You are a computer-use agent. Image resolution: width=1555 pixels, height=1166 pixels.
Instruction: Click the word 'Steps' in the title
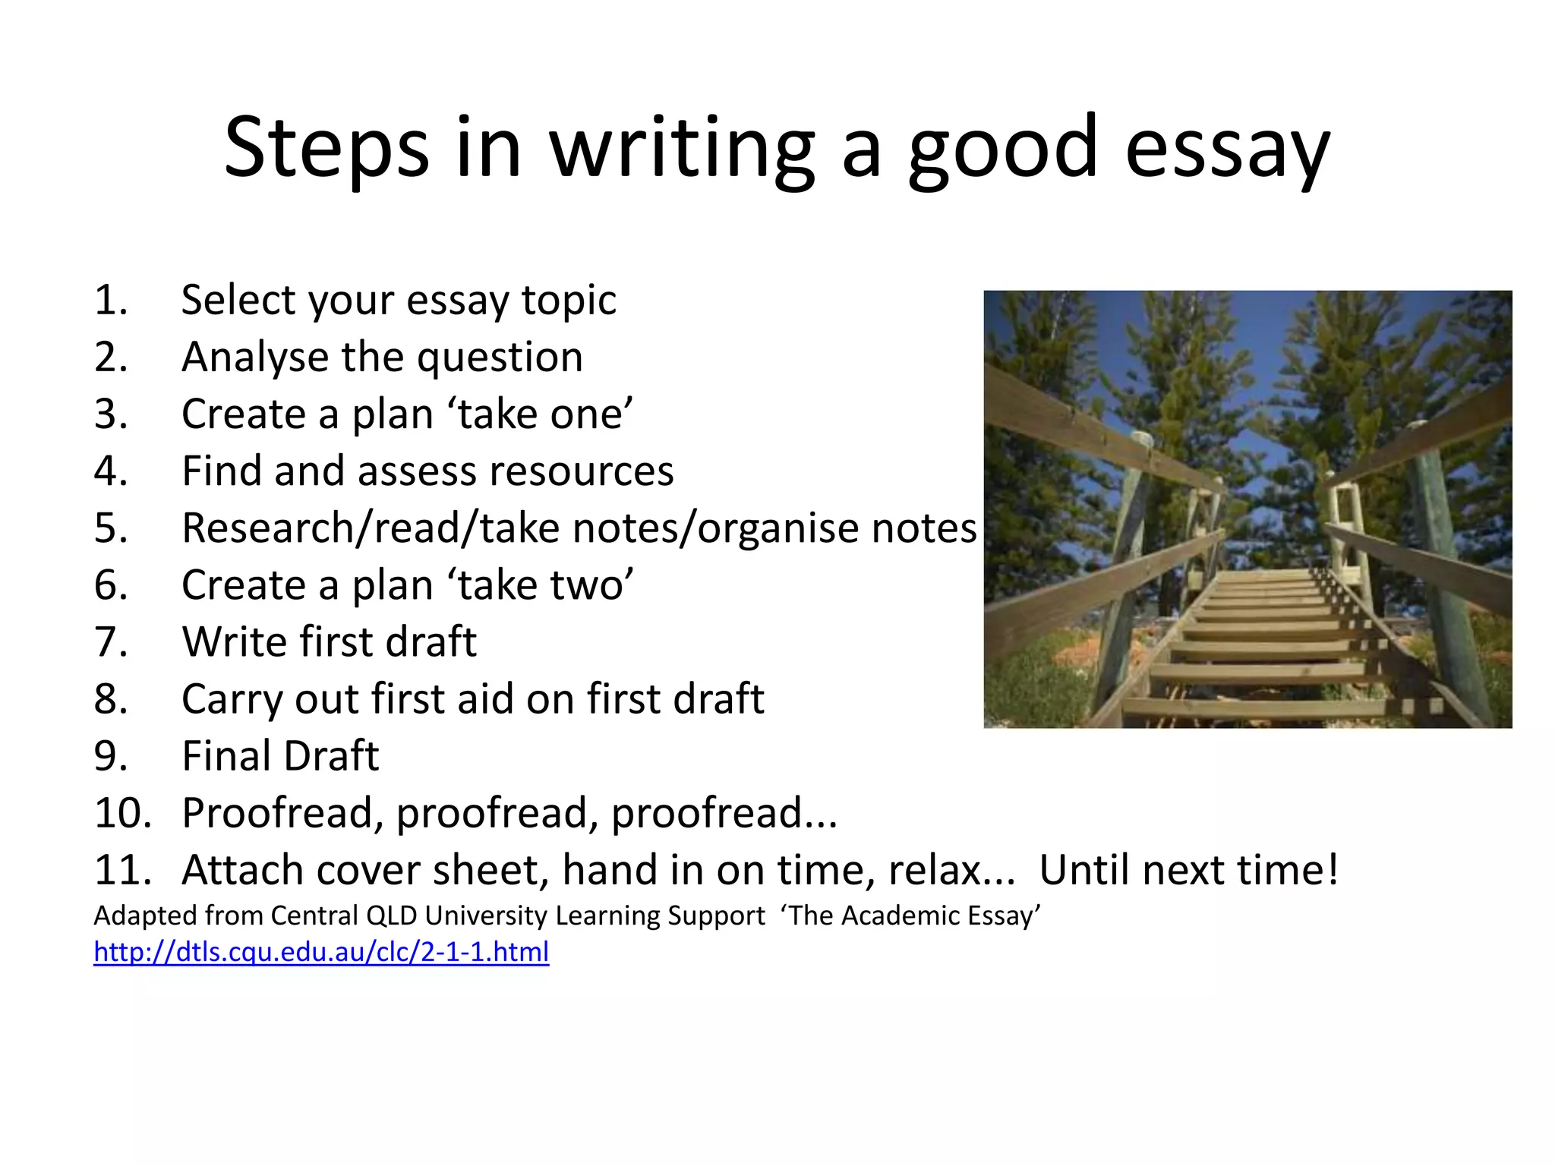click(x=326, y=148)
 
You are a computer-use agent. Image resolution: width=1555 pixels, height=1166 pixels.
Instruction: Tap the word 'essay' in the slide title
click(x=1226, y=148)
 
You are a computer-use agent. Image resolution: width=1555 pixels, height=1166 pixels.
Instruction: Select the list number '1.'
click(x=111, y=300)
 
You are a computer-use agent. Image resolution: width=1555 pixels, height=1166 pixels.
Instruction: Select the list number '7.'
click(x=111, y=642)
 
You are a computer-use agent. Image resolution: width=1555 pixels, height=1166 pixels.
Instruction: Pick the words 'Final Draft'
click(x=280, y=756)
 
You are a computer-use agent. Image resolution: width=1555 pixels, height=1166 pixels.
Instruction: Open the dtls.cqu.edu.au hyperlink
click(x=321, y=951)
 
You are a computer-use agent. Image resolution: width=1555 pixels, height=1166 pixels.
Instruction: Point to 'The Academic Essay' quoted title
click(x=910, y=916)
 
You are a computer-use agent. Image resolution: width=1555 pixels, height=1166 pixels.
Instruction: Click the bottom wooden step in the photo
click(x=1253, y=708)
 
